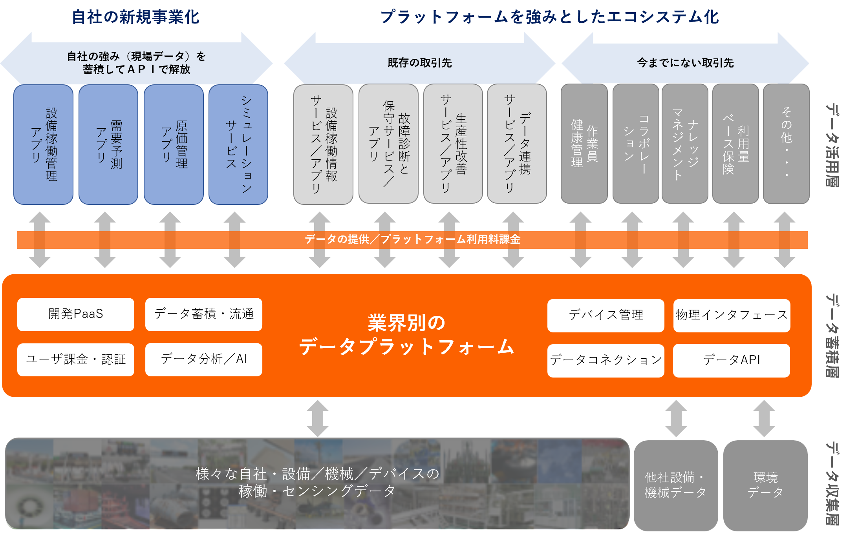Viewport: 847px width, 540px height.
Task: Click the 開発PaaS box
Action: (x=76, y=314)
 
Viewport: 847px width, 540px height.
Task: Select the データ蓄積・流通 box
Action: (x=203, y=314)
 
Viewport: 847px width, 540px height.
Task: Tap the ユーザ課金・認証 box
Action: (x=76, y=359)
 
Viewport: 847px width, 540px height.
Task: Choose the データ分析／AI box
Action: (x=203, y=359)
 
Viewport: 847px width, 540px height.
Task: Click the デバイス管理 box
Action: (x=606, y=316)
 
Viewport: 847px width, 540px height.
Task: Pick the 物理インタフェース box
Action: (x=732, y=316)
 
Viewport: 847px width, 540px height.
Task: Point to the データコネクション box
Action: (x=606, y=361)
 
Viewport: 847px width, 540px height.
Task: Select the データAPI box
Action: (x=731, y=361)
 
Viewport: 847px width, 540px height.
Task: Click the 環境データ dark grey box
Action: (x=765, y=485)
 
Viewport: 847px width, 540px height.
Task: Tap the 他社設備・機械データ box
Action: (x=675, y=485)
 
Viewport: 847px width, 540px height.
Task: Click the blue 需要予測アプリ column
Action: (x=108, y=144)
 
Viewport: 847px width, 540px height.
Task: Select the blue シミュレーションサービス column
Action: (x=238, y=144)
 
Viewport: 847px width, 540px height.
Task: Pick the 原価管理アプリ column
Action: (x=174, y=144)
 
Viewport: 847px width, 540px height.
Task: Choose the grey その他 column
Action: (x=786, y=144)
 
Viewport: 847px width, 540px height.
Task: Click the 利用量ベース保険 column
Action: (x=735, y=144)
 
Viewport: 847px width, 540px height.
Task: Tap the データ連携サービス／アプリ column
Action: (x=517, y=144)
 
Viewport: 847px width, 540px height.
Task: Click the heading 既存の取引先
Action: (x=419, y=63)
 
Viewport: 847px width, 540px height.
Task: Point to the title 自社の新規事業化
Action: (x=135, y=17)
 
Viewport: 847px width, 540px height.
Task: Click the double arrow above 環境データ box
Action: (x=764, y=418)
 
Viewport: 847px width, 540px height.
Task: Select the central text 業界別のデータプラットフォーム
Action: (x=406, y=335)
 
